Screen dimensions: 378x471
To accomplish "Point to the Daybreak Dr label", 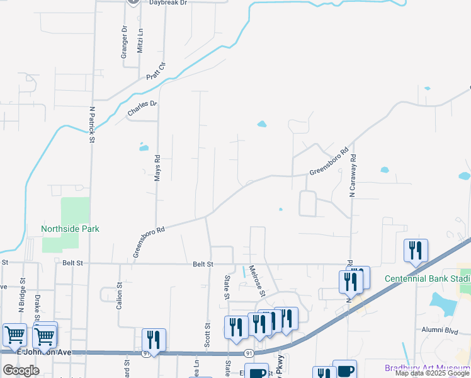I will tap(168, 3).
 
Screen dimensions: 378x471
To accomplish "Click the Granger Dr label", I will tap(124, 42).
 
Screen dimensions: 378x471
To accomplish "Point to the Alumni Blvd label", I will tap(440, 329).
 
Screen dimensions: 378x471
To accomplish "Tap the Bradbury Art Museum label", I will tap(428, 368).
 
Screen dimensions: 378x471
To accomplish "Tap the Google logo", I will tap(21, 370).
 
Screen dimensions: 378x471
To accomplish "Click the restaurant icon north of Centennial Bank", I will tap(416, 249).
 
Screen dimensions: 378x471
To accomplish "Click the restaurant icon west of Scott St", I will tap(154, 339).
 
